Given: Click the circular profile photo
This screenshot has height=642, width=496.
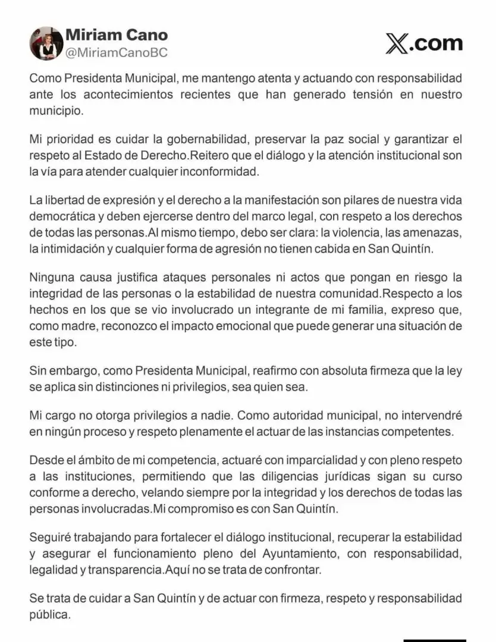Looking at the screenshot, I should click(46, 43).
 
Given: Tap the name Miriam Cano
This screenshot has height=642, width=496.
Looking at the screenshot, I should click(116, 35).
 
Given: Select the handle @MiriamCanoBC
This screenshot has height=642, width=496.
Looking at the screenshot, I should click(116, 52).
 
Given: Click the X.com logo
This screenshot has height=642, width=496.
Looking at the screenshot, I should click(424, 43).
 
